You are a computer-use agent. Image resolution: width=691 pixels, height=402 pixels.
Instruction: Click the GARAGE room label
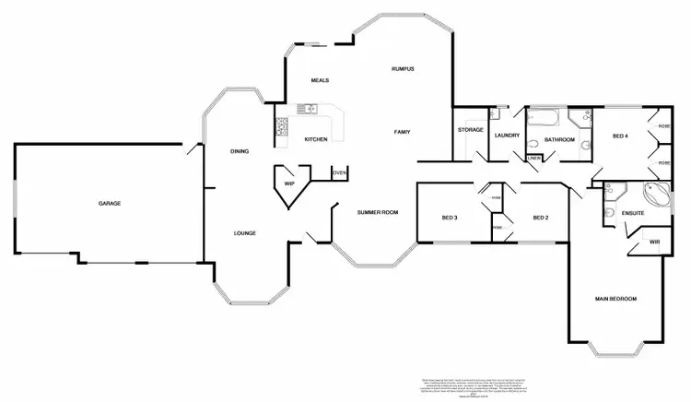coord(111,203)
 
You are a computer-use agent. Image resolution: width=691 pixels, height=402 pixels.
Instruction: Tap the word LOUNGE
coord(244,232)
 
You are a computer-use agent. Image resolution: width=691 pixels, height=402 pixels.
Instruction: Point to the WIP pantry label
coord(289,183)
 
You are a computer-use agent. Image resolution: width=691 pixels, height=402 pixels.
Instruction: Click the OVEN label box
coord(339,172)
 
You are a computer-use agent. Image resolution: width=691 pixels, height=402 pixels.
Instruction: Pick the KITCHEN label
coord(316,139)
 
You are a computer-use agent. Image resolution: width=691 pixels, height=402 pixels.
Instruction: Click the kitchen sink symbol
coord(309,109)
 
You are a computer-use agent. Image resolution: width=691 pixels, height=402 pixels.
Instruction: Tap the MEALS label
coord(320,80)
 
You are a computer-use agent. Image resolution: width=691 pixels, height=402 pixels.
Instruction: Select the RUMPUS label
coord(403,69)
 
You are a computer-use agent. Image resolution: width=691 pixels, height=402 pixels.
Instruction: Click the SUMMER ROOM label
coord(378,213)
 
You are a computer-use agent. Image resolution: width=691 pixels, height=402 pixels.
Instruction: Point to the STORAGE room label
coord(471,130)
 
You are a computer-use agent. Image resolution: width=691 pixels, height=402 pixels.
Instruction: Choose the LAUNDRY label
coord(508,136)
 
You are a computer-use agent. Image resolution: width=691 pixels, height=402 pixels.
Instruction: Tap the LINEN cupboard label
coord(533,158)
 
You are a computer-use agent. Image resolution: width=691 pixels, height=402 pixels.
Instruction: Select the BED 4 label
coord(621,136)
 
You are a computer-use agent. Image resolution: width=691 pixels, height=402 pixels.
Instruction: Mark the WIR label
coord(654,242)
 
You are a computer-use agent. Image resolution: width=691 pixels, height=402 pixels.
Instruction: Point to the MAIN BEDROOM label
coord(615,299)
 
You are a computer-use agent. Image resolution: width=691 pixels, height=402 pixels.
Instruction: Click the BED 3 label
coord(450,218)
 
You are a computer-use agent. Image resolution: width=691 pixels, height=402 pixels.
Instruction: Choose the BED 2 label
coord(541,218)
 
